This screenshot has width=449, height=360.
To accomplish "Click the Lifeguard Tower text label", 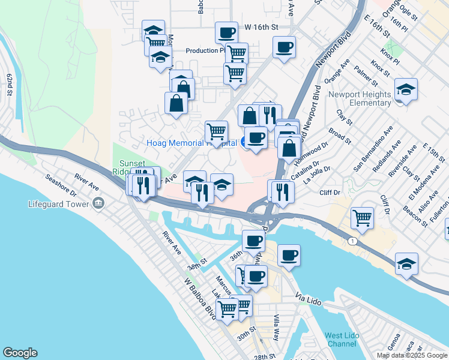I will (x=59, y=203).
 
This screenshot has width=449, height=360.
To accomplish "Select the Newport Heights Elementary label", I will (x=360, y=98).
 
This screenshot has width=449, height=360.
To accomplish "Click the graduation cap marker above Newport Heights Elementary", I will (x=406, y=91).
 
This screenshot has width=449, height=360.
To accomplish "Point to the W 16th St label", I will (x=262, y=28).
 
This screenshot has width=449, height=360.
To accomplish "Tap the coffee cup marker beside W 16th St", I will (x=226, y=32).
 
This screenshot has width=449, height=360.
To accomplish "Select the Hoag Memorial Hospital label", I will (x=191, y=143).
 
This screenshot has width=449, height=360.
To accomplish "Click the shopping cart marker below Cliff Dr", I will (x=363, y=218).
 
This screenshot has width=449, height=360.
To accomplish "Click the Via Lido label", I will (x=309, y=296).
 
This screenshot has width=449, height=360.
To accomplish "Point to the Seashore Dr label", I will (x=61, y=185).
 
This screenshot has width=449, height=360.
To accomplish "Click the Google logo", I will (x=20, y=353).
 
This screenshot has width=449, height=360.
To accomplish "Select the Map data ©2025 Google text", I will (x=411, y=355).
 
